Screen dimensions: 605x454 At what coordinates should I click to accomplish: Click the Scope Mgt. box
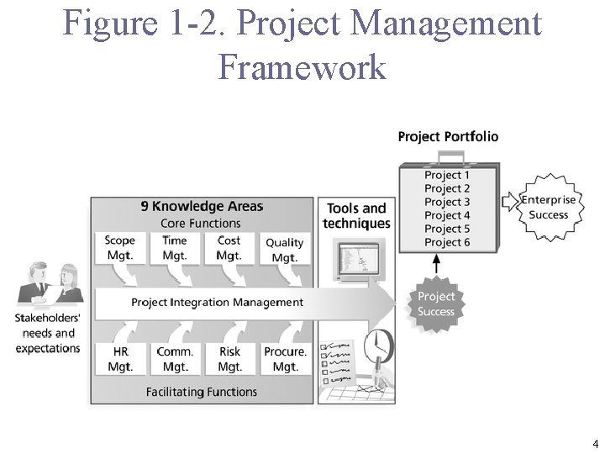click(119, 248)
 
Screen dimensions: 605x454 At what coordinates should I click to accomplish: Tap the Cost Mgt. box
click(229, 248)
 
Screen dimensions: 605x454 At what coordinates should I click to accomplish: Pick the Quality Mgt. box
click(284, 250)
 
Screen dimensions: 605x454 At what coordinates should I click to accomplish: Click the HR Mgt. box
click(120, 359)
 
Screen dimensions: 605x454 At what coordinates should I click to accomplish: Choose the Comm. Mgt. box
click(175, 359)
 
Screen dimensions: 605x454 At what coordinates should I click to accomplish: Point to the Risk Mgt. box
click(229, 359)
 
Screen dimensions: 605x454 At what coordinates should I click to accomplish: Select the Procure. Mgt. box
click(285, 359)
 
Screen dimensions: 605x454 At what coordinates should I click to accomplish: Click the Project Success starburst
click(436, 304)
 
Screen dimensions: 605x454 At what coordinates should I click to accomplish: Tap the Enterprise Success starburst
click(548, 207)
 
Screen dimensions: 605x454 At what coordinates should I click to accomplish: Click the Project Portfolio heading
click(448, 136)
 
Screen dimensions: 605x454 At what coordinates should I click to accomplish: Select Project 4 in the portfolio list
click(447, 215)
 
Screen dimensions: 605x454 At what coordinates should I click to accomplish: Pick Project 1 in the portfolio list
click(447, 175)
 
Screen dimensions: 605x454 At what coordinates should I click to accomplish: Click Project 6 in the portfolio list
click(447, 242)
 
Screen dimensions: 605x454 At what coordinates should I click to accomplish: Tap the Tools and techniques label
click(356, 216)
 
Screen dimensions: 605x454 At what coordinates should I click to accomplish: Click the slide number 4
click(595, 443)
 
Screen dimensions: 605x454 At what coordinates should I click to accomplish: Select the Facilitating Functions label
click(202, 392)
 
